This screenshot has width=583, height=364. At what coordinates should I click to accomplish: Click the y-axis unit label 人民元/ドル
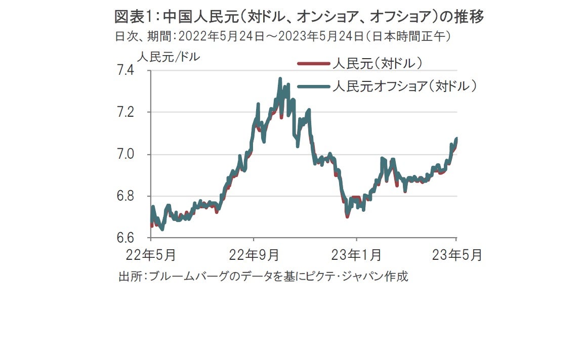[x=169, y=57]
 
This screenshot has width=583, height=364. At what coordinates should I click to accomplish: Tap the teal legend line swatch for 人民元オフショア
[x=313, y=86]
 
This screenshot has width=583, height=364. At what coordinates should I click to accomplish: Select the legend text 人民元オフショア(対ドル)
[x=404, y=86]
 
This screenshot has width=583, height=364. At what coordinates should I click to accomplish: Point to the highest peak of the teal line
[x=280, y=79]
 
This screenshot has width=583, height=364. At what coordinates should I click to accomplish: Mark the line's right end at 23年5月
[x=456, y=139]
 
